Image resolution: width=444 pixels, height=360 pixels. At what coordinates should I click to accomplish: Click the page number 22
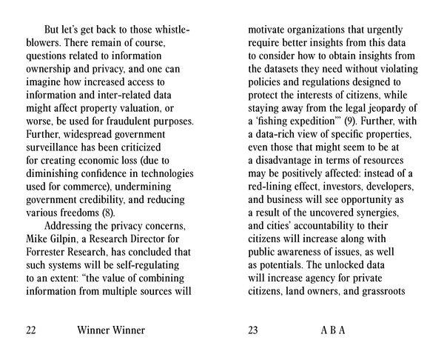click(x=30, y=330)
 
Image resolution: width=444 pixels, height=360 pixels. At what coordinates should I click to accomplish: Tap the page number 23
click(x=253, y=330)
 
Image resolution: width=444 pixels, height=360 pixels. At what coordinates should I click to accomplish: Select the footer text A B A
click(x=333, y=330)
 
